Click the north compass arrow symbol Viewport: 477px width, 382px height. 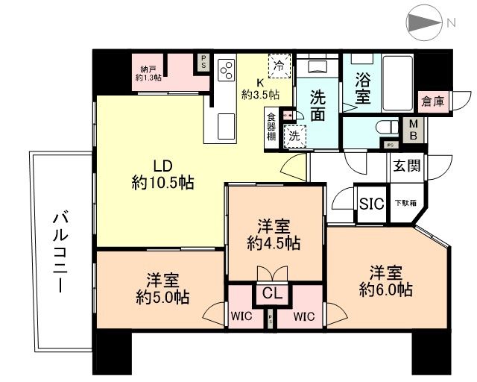pyautogui.click(x=425, y=23)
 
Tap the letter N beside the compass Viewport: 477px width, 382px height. pyautogui.click(x=452, y=23)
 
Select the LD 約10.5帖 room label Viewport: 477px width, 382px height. pyautogui.click(x=162, y=173)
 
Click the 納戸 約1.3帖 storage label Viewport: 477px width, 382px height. pyautogui.click(x=149, y=72)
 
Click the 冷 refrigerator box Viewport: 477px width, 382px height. pyautogui.click(x=279, y=66)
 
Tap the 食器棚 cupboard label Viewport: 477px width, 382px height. pyautogui.click(x=271, y=126)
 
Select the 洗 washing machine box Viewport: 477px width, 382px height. pyautogui.click(x=294, y=136)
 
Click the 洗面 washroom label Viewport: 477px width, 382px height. pyautogui.click(x=318, y=106)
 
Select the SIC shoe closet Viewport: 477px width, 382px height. pyautogui.click(x=370, y=204)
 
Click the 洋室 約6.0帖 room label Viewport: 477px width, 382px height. pyautogui.click(x=385, y=281)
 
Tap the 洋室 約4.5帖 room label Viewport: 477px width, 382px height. pyautogui.click(x=274, y=234)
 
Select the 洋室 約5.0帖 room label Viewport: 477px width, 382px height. pyautogui.click(x=162, y=289)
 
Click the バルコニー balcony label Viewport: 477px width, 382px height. pyautogui.click(x=61, y=251)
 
